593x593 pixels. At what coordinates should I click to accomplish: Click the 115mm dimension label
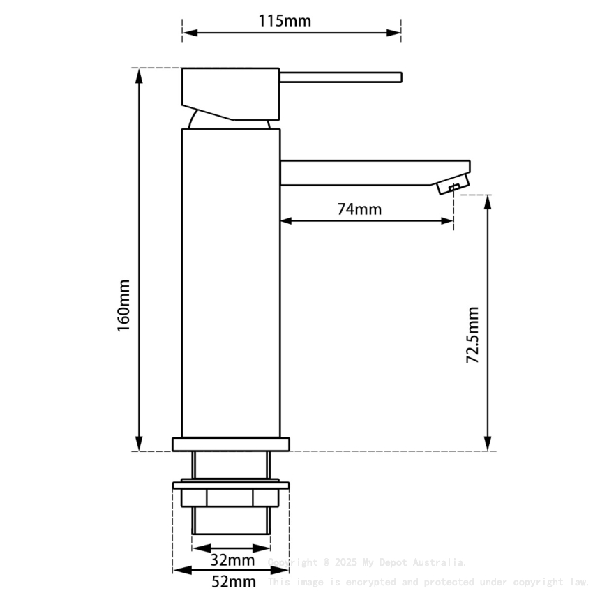pyautogui.click(x=285, y=20)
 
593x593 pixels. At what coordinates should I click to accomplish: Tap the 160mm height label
pyautogui.click(x=123, y=306)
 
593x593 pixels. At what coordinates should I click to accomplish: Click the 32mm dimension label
pyautogui.click(x=232, y=560)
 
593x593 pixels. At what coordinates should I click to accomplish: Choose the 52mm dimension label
pyautogui.click(x=233, y=581)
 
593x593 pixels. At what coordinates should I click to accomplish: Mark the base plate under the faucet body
pyautogui.click(x=230, y=444)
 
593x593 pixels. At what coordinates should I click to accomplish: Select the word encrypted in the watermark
pyautogui.click(x=371, y=582)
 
